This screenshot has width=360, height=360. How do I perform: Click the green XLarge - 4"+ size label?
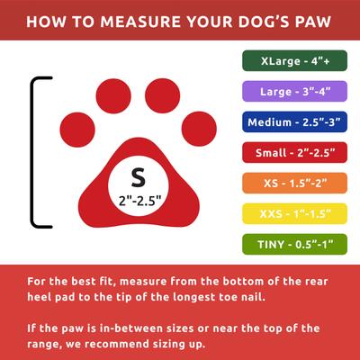tap(293, 61)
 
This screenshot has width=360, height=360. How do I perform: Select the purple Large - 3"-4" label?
tap(293, 91)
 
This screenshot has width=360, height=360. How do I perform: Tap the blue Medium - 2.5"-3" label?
tap(293, 121)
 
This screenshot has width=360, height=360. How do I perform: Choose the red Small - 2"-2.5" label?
tap(293, 152)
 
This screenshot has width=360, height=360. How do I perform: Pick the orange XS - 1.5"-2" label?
tap(293, 183)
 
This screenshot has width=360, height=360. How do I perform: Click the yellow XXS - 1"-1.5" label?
tap(293, 213)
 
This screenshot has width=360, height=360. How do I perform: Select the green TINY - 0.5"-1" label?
tap(293, 244)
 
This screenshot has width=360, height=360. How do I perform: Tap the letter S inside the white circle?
tap(138, 175)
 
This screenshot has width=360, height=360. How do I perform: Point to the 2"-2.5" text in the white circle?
tap(138, 199)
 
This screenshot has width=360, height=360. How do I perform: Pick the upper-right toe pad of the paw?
tap(162, 94)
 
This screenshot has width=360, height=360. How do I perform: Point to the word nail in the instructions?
tap(317, 296)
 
